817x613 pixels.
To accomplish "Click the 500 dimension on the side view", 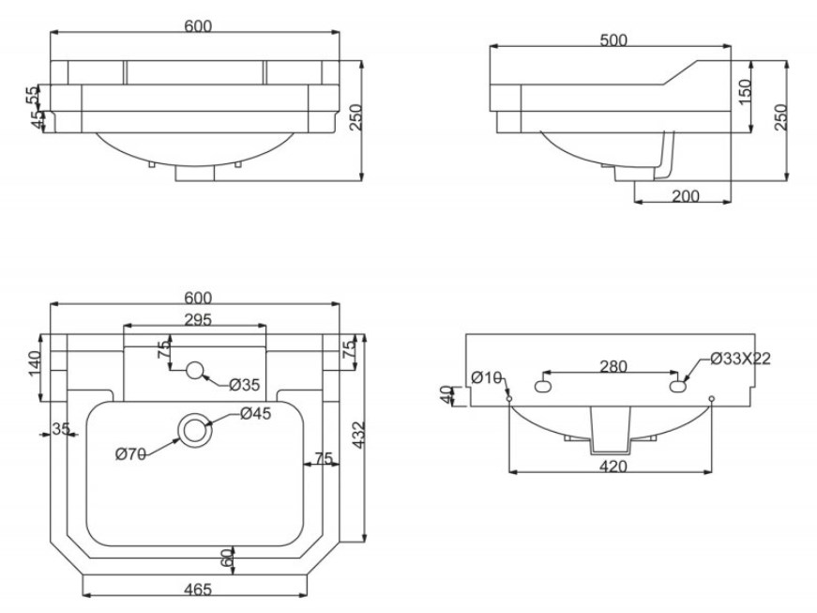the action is point(613,39).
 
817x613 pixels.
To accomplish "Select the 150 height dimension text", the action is point(745,91).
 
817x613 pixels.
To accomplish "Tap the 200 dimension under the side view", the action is point(685,196).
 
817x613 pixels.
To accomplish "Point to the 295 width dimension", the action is point(199,319).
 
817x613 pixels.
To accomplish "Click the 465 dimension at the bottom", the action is point(199,590).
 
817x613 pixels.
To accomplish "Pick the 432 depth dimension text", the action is point(358,435).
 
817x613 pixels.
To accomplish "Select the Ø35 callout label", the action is point(245,385).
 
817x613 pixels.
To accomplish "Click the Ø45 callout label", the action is point(256,413).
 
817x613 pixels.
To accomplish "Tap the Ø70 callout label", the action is point(130,454).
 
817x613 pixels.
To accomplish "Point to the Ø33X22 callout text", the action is point(740,359).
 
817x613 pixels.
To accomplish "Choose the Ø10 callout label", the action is point(486,377).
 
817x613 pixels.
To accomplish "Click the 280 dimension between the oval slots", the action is point(613,366).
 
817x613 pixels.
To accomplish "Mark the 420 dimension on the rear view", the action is point(613,466).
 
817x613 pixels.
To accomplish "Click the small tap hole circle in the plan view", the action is point(194,370).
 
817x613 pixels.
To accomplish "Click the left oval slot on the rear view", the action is point(542,387).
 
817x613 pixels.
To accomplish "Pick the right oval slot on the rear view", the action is point(678,387).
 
